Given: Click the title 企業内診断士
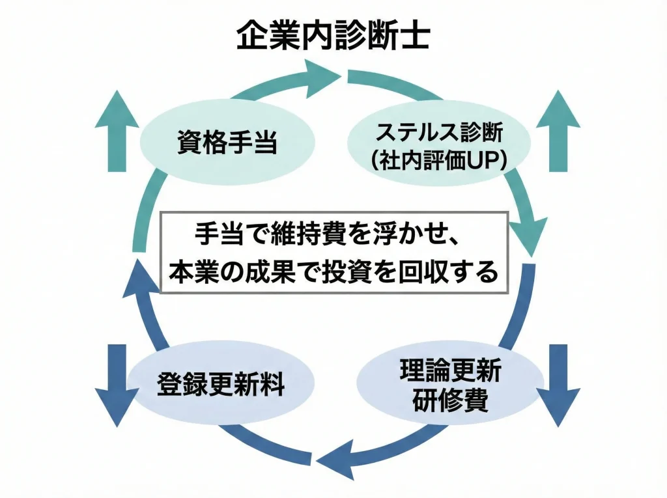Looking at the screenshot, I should (x=333, y=37).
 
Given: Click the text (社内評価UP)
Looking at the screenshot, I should (x=438, y=159).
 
